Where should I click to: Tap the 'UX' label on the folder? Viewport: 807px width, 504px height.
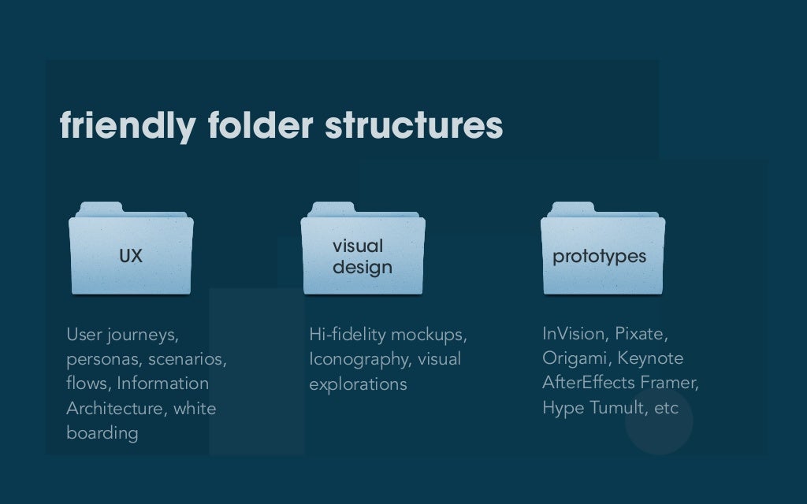pyautogui.click(x=131, y=256)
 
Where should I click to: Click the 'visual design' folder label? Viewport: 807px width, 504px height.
pyautogui.click(x=362, y=258)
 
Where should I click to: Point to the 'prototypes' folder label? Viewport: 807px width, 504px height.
pyautogui.click(x=599, y=257)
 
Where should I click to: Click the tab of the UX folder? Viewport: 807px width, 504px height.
pyautogui.click(x=100, y=208)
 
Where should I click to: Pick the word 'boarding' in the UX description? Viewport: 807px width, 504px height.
pyautogui.click(x=102, y=433)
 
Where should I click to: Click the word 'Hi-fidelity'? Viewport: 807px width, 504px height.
pyautogui.click(x=347, y=335)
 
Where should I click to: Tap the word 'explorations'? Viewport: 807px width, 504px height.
pyautogui.click(x=358, y=384)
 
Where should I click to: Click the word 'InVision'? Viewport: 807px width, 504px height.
pyautogui.click(x=575, y=334)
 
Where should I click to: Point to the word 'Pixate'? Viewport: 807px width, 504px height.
pyautogui.click(x=641, y=334)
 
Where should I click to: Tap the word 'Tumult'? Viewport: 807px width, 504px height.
pyautogui.click(x=619, y=408)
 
